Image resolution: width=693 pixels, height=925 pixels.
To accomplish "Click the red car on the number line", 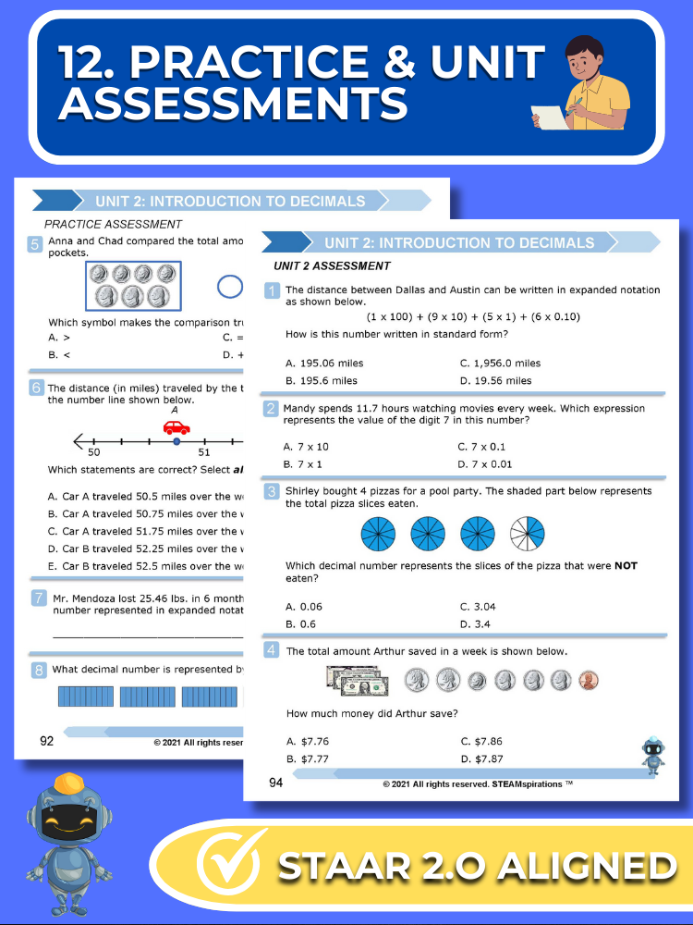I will (176, 426).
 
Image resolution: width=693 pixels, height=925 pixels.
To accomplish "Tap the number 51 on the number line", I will (204, 452).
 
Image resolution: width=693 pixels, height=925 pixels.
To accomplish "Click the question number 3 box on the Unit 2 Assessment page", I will (273, 491).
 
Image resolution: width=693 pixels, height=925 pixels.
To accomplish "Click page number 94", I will (275, 783).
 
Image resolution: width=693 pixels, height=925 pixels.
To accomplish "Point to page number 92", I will (46, 740).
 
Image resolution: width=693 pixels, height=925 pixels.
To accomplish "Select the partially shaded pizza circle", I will (528, 534).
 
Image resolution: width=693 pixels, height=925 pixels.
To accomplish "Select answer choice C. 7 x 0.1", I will (486, 447).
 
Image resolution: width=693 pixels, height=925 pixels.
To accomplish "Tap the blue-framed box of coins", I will (133, 287).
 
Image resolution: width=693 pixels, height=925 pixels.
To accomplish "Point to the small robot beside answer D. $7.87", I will (653, 755).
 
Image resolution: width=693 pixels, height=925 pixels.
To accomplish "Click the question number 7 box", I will (38, 598).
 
